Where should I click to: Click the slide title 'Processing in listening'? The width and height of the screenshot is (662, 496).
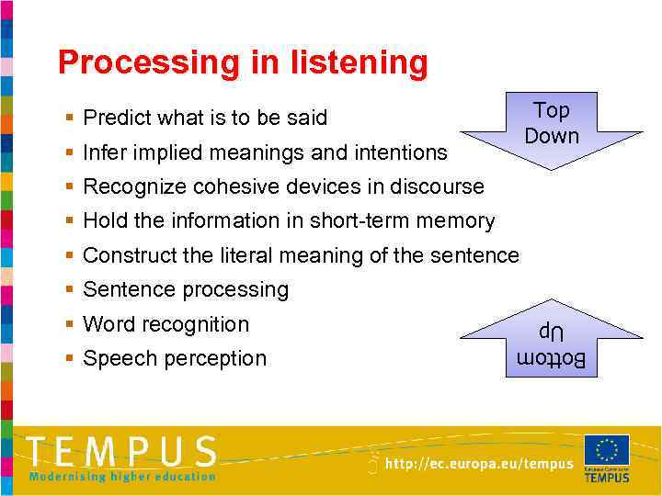(x=243, y=62)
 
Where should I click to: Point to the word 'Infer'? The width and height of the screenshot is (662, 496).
(x=103, y=152)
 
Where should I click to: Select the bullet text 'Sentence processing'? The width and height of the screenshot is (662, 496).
(x=186, y=290)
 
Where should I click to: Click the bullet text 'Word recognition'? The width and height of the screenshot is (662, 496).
(x=165, y=324)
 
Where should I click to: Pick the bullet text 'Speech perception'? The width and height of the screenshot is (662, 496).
(x=175, y=358)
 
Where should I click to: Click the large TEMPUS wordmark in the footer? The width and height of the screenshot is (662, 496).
(x=122, y=452)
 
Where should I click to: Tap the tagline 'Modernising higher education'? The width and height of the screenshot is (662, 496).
(x=122, y=476)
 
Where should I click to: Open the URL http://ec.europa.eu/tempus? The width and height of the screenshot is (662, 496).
(x=478, y=465)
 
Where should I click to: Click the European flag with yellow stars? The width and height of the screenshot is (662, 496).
(x=607, y=450)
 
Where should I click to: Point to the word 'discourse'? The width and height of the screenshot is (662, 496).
(x=439, y=186)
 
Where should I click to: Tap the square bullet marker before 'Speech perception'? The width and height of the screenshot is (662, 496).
(x=70, y=359)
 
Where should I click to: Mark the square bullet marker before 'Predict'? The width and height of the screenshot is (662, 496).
(x=70, y=118)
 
